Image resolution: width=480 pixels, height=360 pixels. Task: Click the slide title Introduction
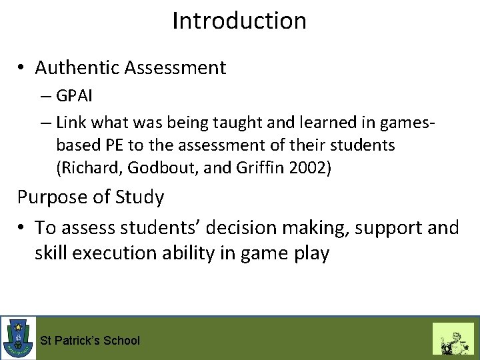click(x=239, y=21)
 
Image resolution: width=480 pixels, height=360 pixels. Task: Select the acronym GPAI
click(x=75, y=96)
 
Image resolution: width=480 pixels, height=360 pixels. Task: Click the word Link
click(x=71, y=122)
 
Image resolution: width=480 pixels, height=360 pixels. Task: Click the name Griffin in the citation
click(x=261, y=167)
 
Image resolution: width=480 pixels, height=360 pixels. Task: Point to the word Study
click(x=141, y=198)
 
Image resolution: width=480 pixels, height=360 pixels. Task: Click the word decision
click(x=253, y=228)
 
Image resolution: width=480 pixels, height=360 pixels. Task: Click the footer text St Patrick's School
click(x=90, y=341)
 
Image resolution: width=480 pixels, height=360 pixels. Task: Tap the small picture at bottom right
click(x=453, y=338)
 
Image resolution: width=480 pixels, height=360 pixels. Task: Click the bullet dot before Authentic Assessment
click(x=22, y=69)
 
